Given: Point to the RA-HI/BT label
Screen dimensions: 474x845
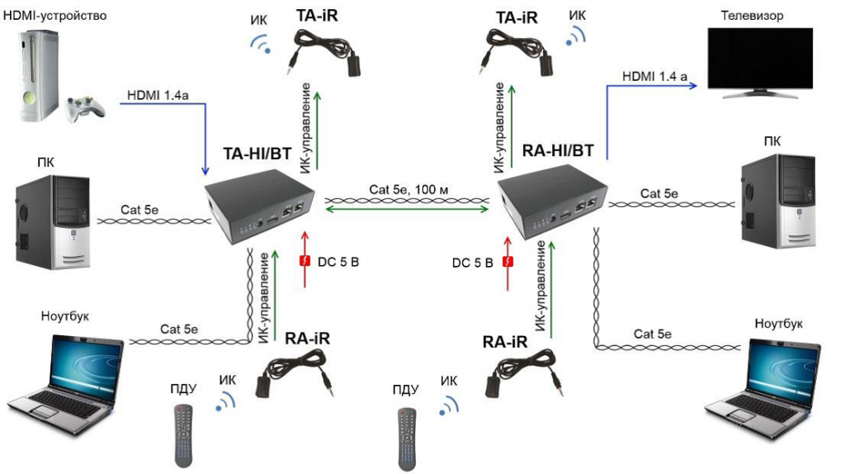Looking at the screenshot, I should [559, 150].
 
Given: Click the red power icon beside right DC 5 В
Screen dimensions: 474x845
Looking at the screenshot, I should [508, 262].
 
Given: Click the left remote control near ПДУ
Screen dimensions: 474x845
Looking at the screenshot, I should [185, 434].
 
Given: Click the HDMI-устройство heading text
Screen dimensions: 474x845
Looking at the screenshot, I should [55, 15].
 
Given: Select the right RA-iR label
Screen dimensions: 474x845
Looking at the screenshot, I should [505, 341].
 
